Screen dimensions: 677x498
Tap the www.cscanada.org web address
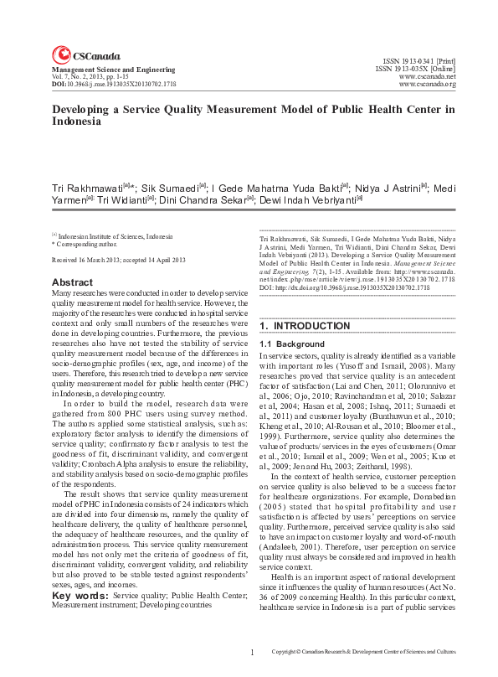[427, 84]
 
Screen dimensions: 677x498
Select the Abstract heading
[72, 282]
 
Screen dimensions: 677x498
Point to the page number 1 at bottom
[252, 651]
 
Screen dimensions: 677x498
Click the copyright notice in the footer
[365, 652]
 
